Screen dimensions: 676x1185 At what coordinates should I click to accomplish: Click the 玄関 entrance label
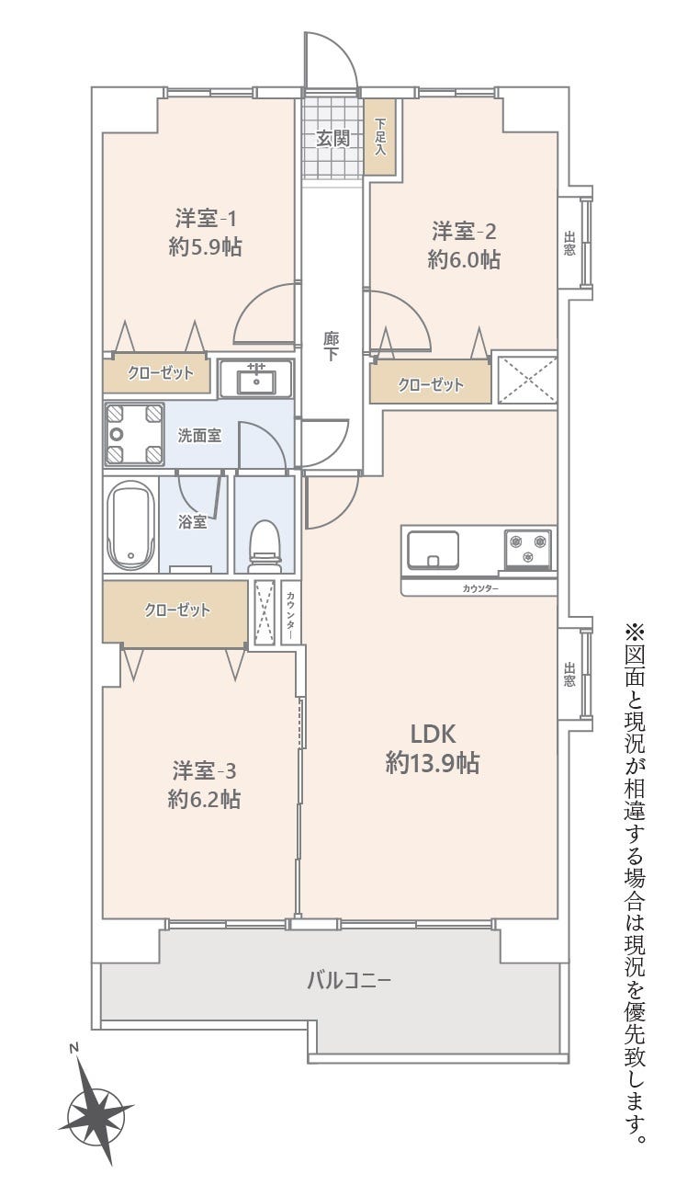coord(333,139)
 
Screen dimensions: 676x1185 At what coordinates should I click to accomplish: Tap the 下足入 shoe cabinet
coord(380,138)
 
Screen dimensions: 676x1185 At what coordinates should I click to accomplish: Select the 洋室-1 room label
coord(206,219)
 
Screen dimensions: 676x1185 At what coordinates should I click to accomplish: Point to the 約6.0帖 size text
coord(464,260)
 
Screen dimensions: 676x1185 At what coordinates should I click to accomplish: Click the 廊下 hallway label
coord(332,347)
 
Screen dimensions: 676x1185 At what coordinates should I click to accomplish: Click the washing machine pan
coord(134,434)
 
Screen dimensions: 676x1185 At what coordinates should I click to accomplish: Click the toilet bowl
coord(264,546)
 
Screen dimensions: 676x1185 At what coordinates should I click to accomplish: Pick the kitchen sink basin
coord(433,550)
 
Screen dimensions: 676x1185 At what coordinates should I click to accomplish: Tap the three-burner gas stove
coord(527,549)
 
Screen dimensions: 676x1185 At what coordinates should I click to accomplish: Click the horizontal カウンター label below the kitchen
coord(480,588)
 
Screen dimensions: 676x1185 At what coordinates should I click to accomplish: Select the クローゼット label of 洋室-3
coord(177,610)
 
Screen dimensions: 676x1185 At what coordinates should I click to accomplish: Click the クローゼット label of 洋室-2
coord(431,384)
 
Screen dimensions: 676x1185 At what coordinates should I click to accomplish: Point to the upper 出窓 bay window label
coord(569,244)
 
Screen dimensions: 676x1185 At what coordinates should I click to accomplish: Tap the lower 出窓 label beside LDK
coord(569,674)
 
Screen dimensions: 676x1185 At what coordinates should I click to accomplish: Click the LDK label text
coord(433,735)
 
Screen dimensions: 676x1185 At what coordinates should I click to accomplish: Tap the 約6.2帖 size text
coord(204,799)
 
